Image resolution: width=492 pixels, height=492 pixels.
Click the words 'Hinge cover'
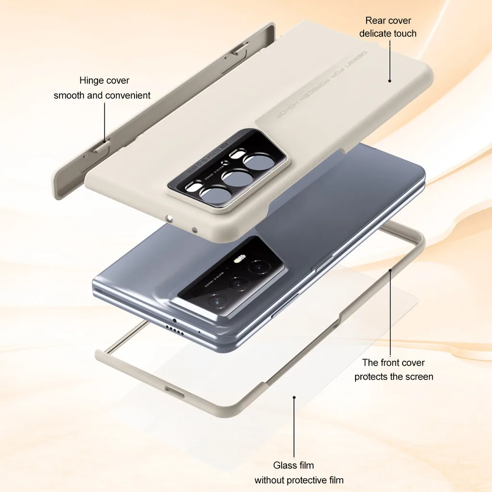click(x=104, y=81)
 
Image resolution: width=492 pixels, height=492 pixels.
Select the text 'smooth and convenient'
click(x=102, y=96)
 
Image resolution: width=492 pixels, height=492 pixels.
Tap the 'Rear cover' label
click(x=388, y=21)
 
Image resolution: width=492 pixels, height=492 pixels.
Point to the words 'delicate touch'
click(x=388, y=34)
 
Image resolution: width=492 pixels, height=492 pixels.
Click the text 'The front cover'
click(x=394, y=363)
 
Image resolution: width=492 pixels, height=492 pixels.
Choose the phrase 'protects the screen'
click(x=394, y=377)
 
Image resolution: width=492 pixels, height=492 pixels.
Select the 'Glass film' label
click(x=294, y=465)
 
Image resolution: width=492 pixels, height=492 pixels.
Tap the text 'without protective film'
click(x=299, y=480)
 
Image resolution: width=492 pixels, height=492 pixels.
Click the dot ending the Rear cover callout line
click(x=390, y=82)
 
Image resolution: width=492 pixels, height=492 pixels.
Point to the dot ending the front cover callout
click(x=391, y=271)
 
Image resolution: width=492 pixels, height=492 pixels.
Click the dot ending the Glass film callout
click(x=294, y=397)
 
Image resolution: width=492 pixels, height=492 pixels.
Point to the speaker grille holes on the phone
click(x=174, y=330)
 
